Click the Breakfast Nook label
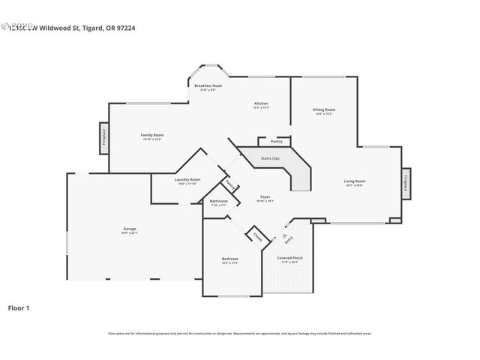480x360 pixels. pyautogui.click(x=208, y=87)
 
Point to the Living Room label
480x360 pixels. pyautogui.click(x=355, y=182)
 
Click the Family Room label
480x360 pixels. pyautogui.click(x=151, y=136)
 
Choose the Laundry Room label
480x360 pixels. pyautogui.click(x=187, y=181)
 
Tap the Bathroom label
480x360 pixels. pyautogui.click(x=218, y=202)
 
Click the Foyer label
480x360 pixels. pyautogui.click(x=265, y=199)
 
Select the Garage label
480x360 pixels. pyautogui.click(x=130, y=229)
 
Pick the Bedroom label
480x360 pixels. pyautogui.click(x=229, y=259)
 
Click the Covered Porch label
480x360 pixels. pyautogui.click(x=289, y=259)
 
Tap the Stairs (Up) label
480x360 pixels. pyautogui.click(x=270, y=159)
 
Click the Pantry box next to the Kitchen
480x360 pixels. pyautogui.click(x=276, y=141)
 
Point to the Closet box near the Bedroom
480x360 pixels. pyautogui.click(x=257, y=237)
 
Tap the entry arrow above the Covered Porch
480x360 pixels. pyautogui.click(x=284, y=235)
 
